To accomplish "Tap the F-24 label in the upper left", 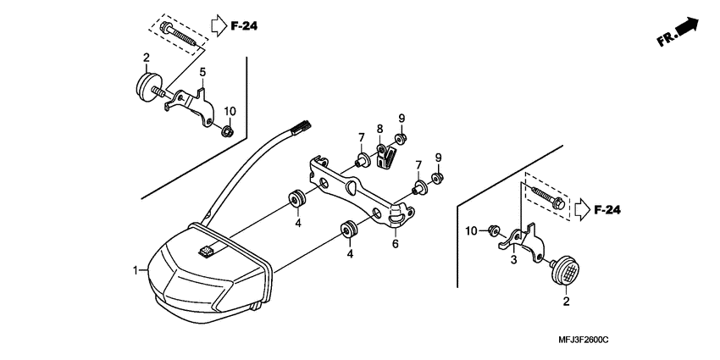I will tap(244, 26).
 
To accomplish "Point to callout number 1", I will tap(135, 270).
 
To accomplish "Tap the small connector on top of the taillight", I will tap(208, 250).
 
